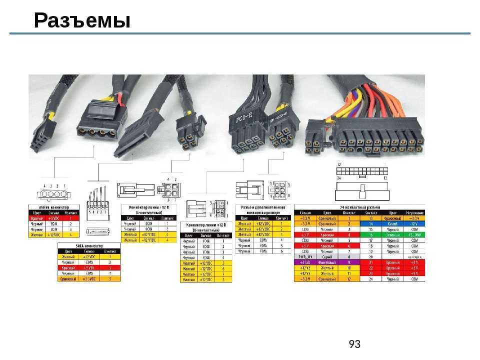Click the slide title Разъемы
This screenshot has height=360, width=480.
pos(82,21)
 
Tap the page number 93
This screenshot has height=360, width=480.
pos(354,344)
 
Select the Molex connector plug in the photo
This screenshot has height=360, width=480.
pos(98,123)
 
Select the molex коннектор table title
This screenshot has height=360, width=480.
pos(54,206)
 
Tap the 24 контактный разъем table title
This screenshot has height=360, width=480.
pos(359,206)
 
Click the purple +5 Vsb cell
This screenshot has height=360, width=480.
pos(305,262)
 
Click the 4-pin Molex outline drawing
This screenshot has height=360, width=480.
pos(51,193)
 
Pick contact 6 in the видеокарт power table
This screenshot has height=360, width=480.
pos(282,251)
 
